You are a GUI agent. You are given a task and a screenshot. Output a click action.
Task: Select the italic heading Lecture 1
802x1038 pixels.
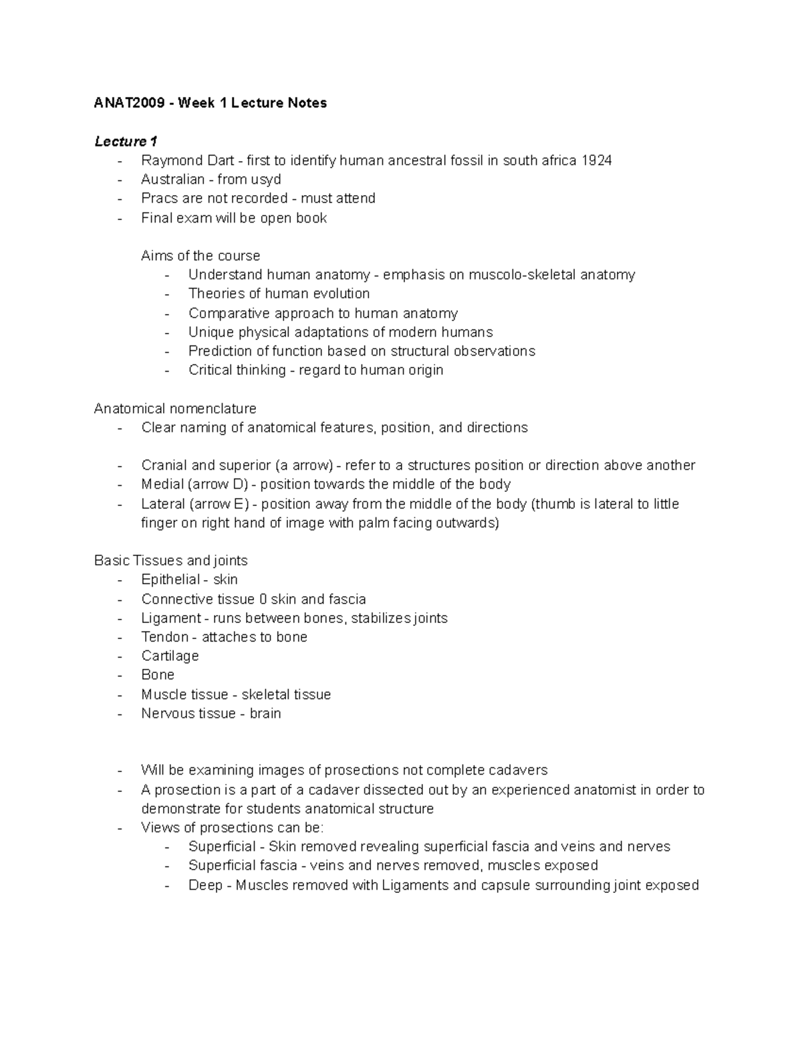(x=126, y=142)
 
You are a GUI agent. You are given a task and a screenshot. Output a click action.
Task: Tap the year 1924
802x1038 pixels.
(x=596, y=160)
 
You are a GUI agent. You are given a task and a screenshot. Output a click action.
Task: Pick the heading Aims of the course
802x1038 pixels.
(x=200, y=256)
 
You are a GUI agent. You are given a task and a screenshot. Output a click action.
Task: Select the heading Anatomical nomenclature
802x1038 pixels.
(x=175, y=408)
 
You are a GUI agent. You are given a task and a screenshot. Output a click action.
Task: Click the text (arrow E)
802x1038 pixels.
(x=217, y=504)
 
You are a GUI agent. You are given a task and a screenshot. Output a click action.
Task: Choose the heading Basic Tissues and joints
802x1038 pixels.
(x=171, y=561)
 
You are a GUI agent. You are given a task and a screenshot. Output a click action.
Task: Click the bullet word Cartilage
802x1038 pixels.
(x=170, y=656)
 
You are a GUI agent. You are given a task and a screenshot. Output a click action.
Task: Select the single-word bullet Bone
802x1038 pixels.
(x=158, y=675)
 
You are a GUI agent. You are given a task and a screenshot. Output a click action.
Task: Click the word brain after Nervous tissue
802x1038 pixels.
(x=265, y=714)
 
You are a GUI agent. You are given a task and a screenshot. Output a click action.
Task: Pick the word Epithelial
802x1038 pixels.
(x=170, y=579)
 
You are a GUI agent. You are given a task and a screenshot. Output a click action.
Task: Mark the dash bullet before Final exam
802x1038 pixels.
(x=120, y=219)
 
